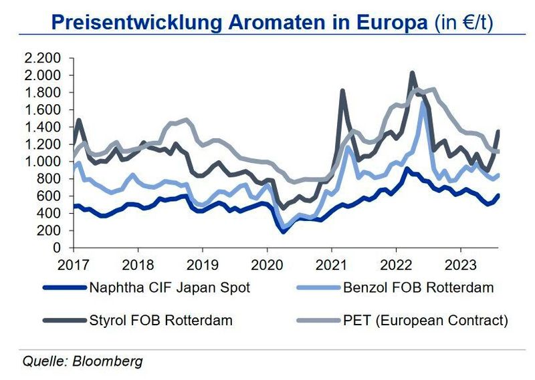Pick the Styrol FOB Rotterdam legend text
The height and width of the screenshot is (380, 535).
click(x=160, y=321)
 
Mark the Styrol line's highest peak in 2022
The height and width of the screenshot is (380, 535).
click(x=412, y=73)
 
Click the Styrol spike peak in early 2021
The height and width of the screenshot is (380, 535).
click(x=342, y=90)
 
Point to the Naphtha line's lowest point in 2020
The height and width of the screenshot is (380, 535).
click(x=284, y=232)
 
